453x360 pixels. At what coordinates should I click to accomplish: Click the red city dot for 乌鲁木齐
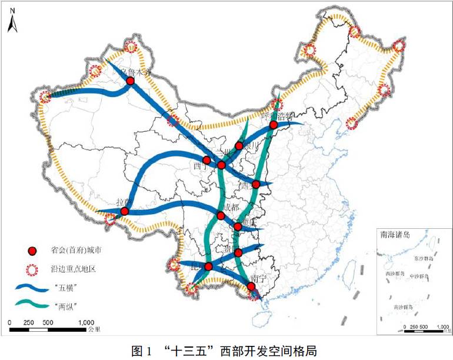(131, 81)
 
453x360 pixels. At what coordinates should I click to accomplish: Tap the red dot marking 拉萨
(124, 211)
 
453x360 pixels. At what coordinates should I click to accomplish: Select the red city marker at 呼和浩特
(273, 125)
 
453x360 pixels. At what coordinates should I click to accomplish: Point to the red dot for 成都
(221, 216)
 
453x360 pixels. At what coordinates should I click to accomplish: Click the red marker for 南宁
(251, 286)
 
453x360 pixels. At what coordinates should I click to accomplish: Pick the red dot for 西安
(255, 184)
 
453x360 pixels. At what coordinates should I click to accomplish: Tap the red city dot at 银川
(239, 145)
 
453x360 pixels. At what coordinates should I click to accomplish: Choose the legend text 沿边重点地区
(73, 269)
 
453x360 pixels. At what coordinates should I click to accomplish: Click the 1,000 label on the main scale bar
(86, 322)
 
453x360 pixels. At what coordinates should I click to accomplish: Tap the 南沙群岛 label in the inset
(402, 307)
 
